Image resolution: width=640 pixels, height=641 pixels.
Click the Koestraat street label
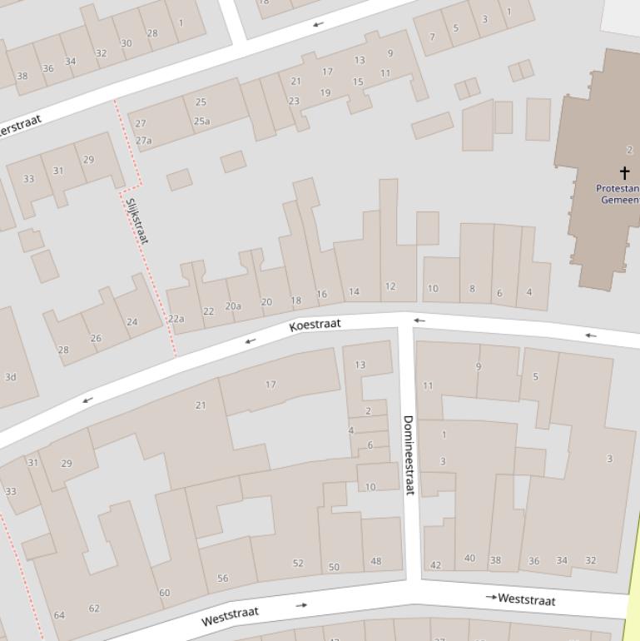[315, 325]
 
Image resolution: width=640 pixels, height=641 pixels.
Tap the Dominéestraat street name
[409, 455]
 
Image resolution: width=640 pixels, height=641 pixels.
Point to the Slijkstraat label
[136, 220]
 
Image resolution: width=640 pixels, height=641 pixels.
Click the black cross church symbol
[624, 173]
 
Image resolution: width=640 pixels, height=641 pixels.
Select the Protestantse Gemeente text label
[618, 194]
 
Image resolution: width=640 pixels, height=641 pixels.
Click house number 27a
[144, 141]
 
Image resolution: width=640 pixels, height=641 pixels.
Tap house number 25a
[201, 121]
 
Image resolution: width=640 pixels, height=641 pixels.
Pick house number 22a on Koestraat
[176, 319]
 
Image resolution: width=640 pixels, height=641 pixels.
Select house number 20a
[233, 306]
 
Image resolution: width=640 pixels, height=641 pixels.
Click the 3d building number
[10, 377]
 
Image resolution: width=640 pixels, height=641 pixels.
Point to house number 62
[94, 609]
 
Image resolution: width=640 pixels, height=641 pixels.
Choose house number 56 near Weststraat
[222, 579]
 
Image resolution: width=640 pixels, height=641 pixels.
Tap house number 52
[298, 564]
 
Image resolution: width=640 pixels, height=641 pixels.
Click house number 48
[375, 561]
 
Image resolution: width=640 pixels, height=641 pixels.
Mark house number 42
[435, 565]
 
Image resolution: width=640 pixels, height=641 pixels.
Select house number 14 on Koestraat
[354, 291]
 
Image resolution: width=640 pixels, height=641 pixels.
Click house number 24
[132, 321]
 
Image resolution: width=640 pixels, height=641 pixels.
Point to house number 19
[325, 93]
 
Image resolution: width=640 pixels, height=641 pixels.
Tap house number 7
[432, 37]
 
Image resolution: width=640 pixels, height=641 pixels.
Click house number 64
[59, 615]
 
